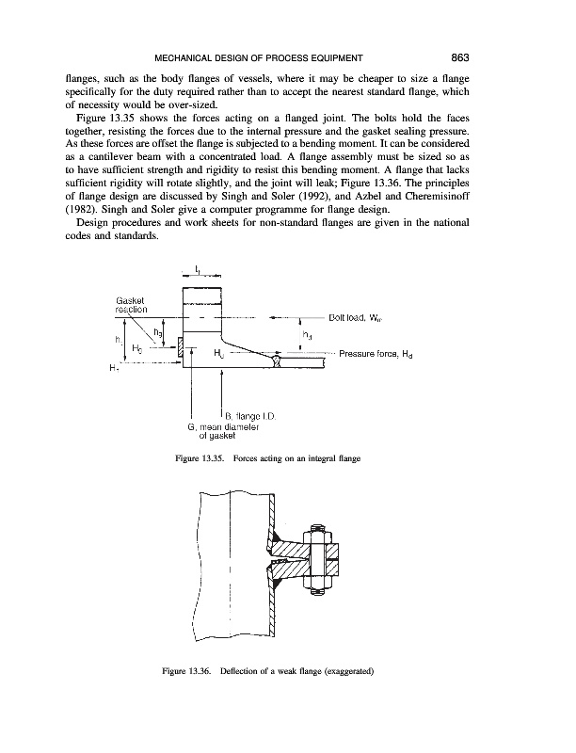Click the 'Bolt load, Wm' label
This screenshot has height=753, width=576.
click(360, 317)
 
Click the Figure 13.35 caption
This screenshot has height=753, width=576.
click(287, 457)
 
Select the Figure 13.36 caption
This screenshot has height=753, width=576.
click(287, 670)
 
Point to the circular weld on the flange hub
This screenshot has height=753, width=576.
click(276, 360)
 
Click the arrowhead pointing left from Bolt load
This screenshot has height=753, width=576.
click(273, 317)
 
